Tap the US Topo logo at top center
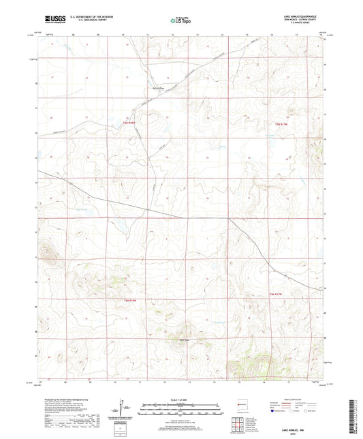tap(180, 20)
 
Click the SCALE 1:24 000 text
tap(181, 399)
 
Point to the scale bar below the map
tap(181, 411)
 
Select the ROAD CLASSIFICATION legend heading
tap(294, 399)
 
